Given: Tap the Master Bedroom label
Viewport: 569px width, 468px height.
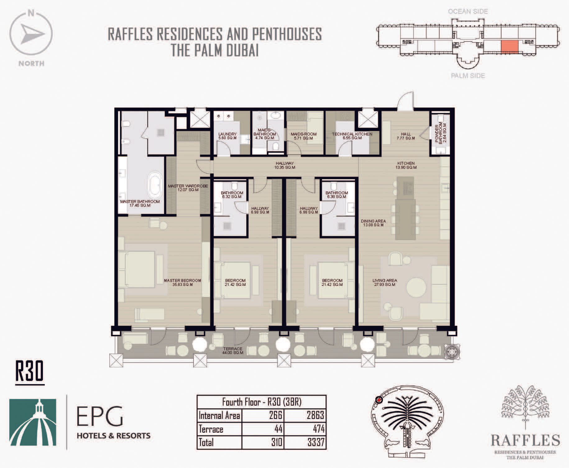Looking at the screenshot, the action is (x=182, y=282).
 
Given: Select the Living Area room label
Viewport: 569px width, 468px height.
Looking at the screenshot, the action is (x=385, y=282).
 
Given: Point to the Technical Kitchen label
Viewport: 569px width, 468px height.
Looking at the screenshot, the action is (x=352, y=136).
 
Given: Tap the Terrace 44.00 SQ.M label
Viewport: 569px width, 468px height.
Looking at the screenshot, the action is (x=233, y=351).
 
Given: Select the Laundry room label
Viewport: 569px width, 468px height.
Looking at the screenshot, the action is (x=227, y=136).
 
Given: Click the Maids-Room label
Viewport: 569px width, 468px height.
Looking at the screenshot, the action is (x=304, y=136).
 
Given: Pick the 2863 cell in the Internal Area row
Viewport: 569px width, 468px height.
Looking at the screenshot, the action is (x=315, y=415).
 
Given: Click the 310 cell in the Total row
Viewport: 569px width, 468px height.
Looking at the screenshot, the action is (x=276, y=442).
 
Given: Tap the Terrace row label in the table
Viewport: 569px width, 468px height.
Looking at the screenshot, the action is (x=211, y=429).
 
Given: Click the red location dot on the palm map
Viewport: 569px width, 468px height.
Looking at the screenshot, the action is (x=379, y=400).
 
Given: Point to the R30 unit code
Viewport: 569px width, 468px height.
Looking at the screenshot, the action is (x=30, y=371).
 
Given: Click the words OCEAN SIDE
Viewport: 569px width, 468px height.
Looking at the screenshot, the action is (x=468, y=11).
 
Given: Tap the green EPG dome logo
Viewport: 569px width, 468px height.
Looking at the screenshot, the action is (x=33, y=422).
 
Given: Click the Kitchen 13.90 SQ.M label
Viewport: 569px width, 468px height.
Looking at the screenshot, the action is (x=406, y=165).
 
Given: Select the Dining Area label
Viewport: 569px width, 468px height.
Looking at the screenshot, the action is (x=373, y=223).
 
